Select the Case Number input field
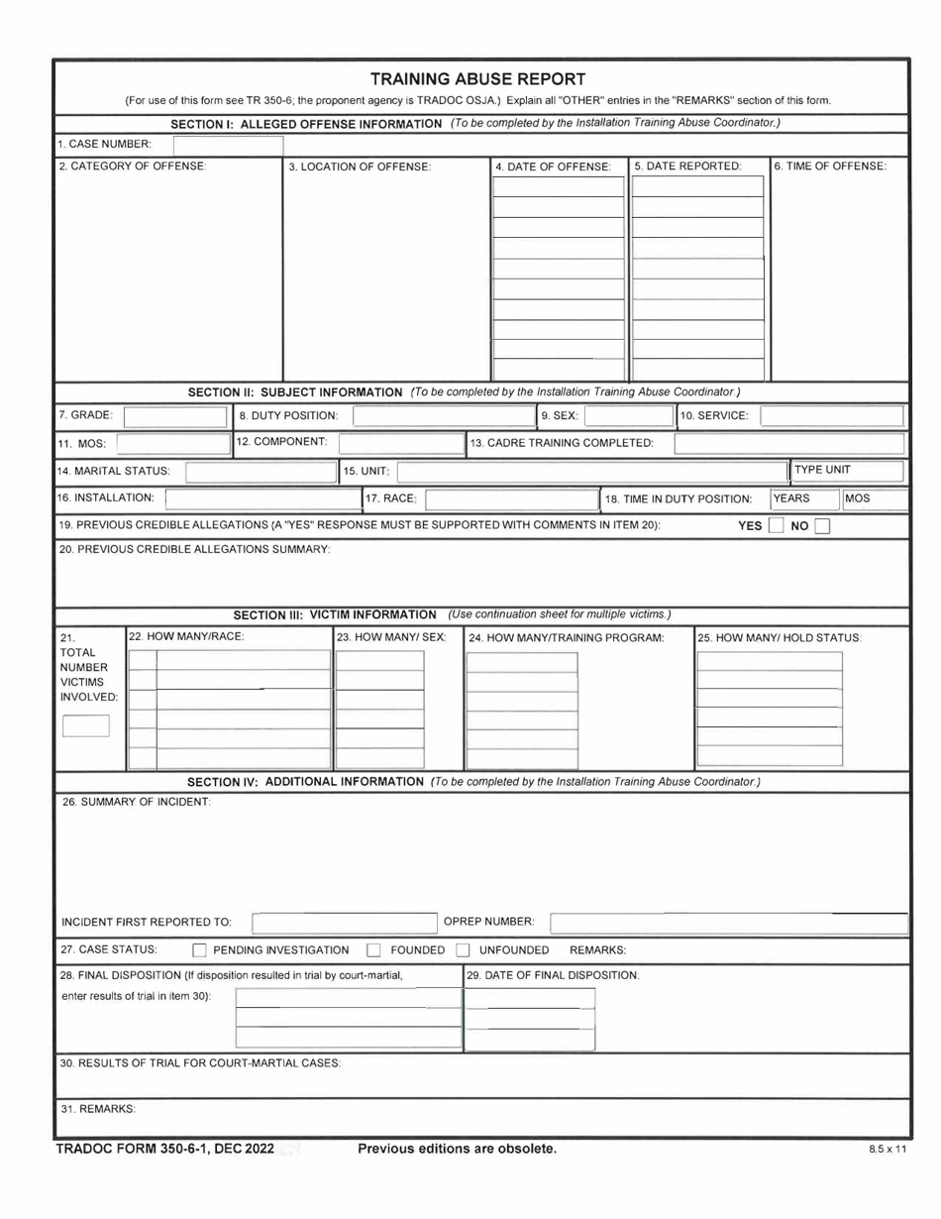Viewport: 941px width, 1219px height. point(228,146)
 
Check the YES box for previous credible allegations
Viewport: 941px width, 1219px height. point(777,526)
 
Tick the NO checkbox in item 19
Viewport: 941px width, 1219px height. point(822,526)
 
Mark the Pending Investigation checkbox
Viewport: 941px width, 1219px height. point(199,950)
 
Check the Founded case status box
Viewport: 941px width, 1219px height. point(374,950)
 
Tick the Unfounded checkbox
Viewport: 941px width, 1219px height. point(462,950)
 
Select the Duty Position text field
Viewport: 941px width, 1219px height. point(443,415)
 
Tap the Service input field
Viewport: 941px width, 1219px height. point(831,415)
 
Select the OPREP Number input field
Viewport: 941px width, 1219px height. point(728,924)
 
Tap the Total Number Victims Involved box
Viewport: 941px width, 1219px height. point(86,726)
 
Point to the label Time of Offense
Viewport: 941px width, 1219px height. point(829,166)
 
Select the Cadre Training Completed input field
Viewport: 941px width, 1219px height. point(789,443)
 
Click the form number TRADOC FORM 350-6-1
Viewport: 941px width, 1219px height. point(162,1149)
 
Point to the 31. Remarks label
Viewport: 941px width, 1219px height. point(96,1108)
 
